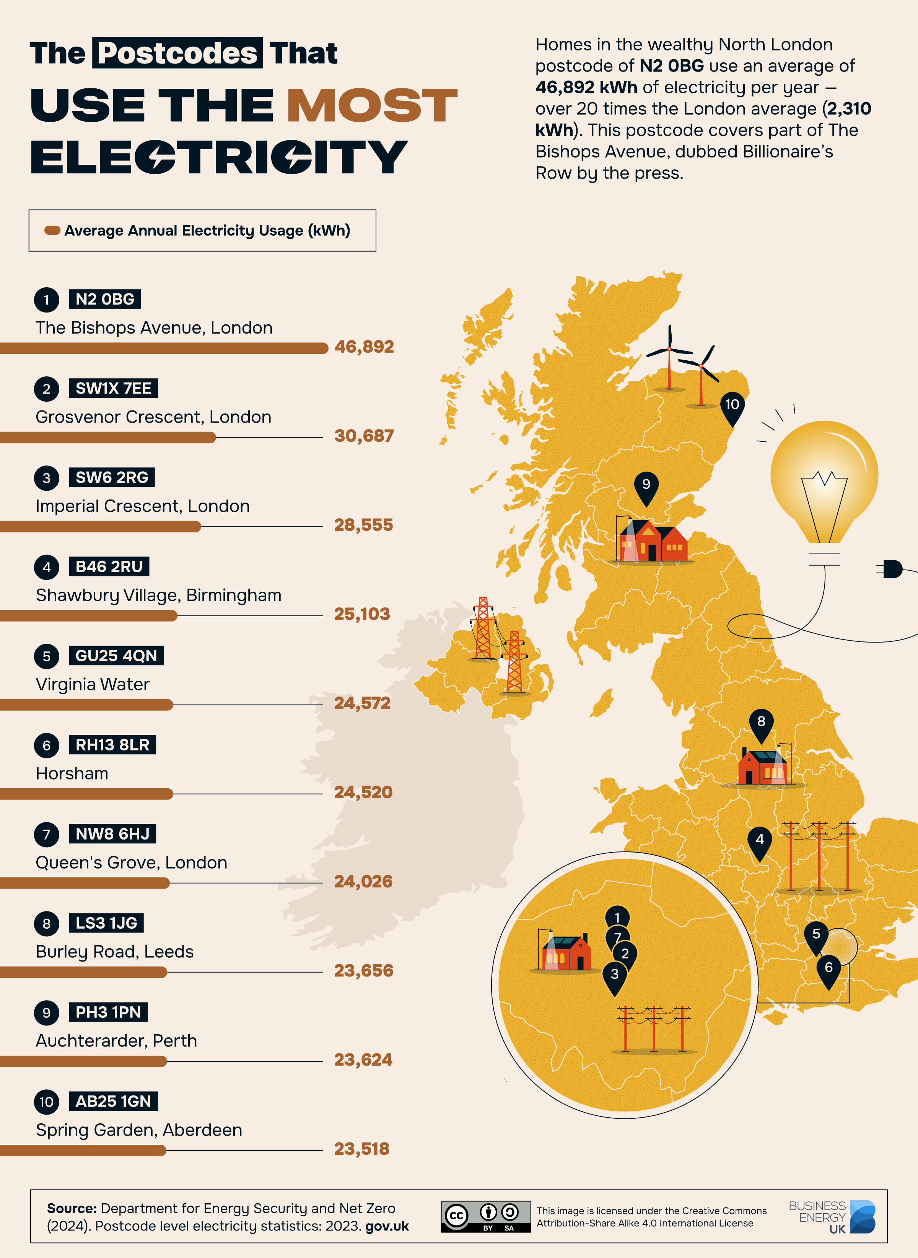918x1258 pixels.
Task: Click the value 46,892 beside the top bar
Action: point(364,347)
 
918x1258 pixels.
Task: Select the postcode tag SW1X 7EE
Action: point(113,388)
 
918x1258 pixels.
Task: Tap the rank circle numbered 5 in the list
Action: point(47,656)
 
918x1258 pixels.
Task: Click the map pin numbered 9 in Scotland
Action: point(646,486)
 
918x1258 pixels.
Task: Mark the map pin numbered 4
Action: point(760,841)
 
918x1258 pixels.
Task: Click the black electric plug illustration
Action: point(892,569)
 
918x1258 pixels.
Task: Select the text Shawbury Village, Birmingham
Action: point(158,595)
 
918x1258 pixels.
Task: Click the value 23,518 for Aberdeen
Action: point(362,1149)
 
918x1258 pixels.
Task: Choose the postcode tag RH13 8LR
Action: point(112,745)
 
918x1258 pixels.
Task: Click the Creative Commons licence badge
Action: point(486,1216)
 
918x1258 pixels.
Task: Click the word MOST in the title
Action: point(372,105)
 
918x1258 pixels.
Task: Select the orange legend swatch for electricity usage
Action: point(52,231)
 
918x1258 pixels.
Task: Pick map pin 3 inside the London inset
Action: point(615,976)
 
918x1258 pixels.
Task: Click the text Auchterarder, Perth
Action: point(116,1041)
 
